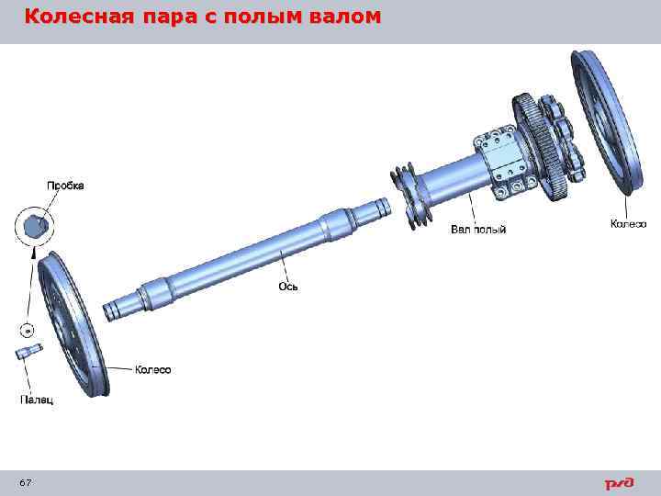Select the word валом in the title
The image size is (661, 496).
tap(340, 17)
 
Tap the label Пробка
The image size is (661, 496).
tap(65, 186)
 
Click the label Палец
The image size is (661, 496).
tap(37, 400)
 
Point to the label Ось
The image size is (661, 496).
tap(288, 287)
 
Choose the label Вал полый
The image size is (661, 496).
tap(478, 229)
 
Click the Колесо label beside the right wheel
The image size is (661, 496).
tap(629, 224)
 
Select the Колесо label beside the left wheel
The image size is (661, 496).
tap(153, 370)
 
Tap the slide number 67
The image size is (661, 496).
tap(25, 483)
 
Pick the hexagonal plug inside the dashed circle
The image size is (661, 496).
tap(35, 224)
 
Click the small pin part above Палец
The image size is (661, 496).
tap(28, 352)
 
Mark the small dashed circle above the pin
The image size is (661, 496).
tap(28, 329)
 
